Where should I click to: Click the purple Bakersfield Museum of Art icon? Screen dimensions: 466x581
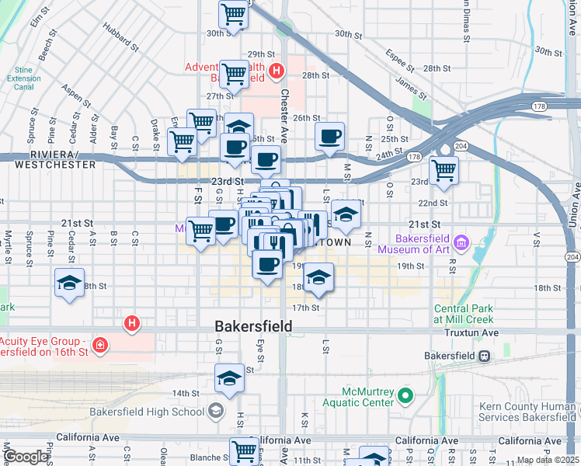tap(461, 243)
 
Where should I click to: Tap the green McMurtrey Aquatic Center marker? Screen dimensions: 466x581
tap(405, 398)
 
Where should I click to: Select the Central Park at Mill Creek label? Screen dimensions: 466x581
tap(463, 315)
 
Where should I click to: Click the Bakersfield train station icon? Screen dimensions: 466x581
tap(484, 356)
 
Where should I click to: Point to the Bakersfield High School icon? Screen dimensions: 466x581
tap(215, 411)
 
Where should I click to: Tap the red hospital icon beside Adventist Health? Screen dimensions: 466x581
tap(277, 73)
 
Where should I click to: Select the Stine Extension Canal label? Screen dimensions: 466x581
tap(27, 78)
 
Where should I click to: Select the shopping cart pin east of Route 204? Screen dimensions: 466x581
tap(444, 170)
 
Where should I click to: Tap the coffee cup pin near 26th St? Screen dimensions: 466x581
tap(329, 136)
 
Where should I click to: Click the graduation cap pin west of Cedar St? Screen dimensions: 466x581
tap(69, 283)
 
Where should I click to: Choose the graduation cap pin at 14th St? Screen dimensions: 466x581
tap(229, 378)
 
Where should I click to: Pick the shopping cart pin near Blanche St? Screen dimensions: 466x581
tap(244, 450)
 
